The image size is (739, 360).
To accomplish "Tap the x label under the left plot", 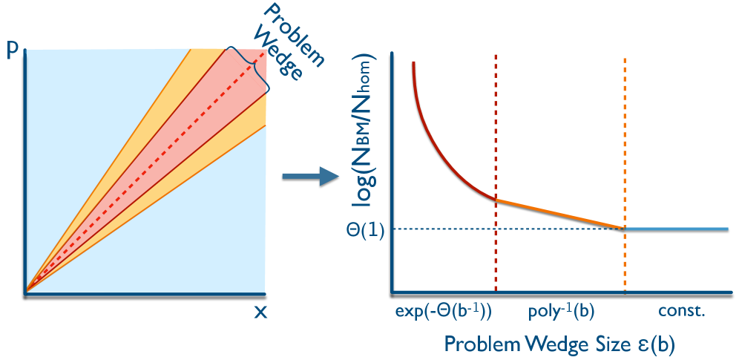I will pyautogui.click(x=260, y=312).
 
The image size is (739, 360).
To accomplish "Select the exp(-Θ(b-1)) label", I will pyautogui.click(x=444, y=311).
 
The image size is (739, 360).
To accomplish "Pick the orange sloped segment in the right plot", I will pyautogui.click(x=560, y=214).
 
